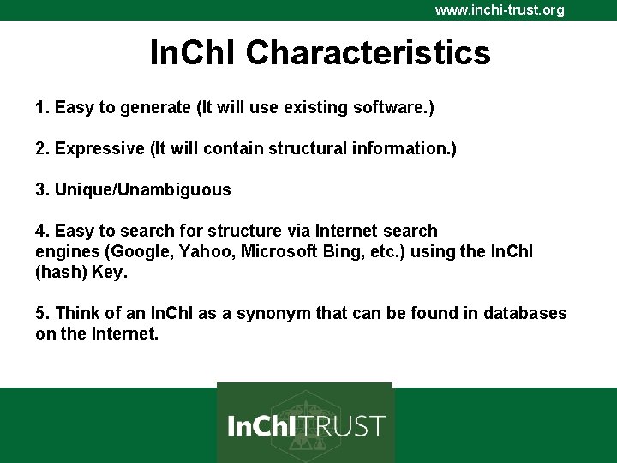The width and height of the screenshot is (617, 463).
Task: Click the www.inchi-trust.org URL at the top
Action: [x=500, y=10]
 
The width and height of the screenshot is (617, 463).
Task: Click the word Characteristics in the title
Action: [x=368, y=53]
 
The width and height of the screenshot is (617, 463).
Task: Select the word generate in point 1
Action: [x=158, y=108]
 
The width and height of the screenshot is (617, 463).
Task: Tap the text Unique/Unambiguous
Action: [x=142, y=190]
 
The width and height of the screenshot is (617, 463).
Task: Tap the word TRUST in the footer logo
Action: [x=343, y=425]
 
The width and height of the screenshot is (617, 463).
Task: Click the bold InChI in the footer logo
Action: [x=262, y=425]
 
